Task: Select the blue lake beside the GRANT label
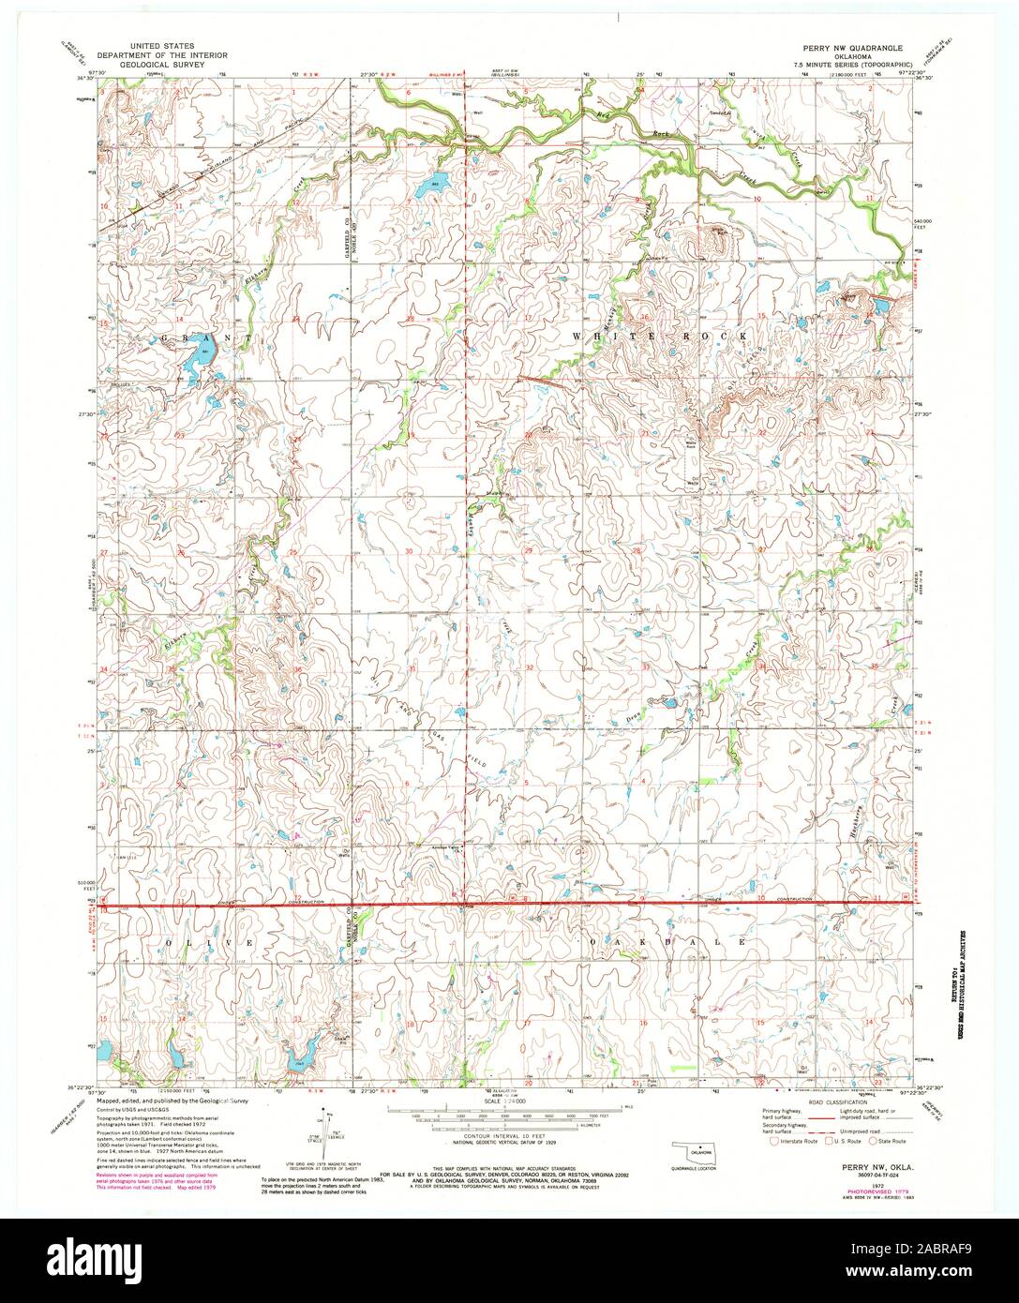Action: coord(200,358)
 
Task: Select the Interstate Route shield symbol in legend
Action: coord(773,1142)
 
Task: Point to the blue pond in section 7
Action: coord(432,185)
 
